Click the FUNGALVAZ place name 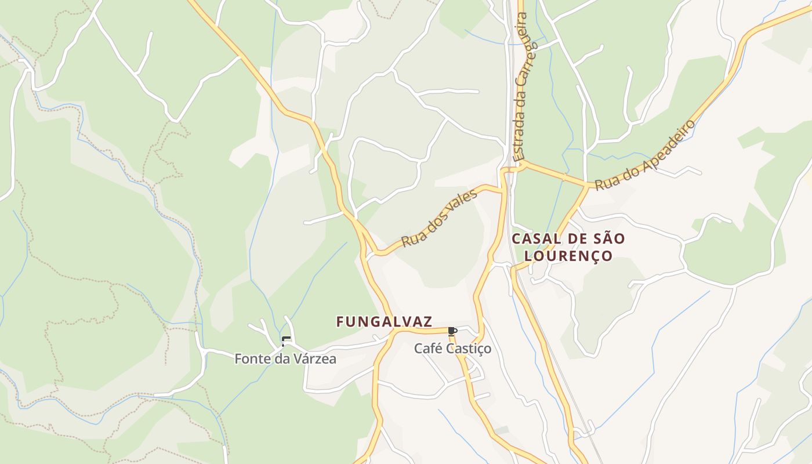pos(384,321)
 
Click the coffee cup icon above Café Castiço pos(452,331)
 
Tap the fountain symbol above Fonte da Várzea pos(284,341)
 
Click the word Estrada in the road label pos(520,134)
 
